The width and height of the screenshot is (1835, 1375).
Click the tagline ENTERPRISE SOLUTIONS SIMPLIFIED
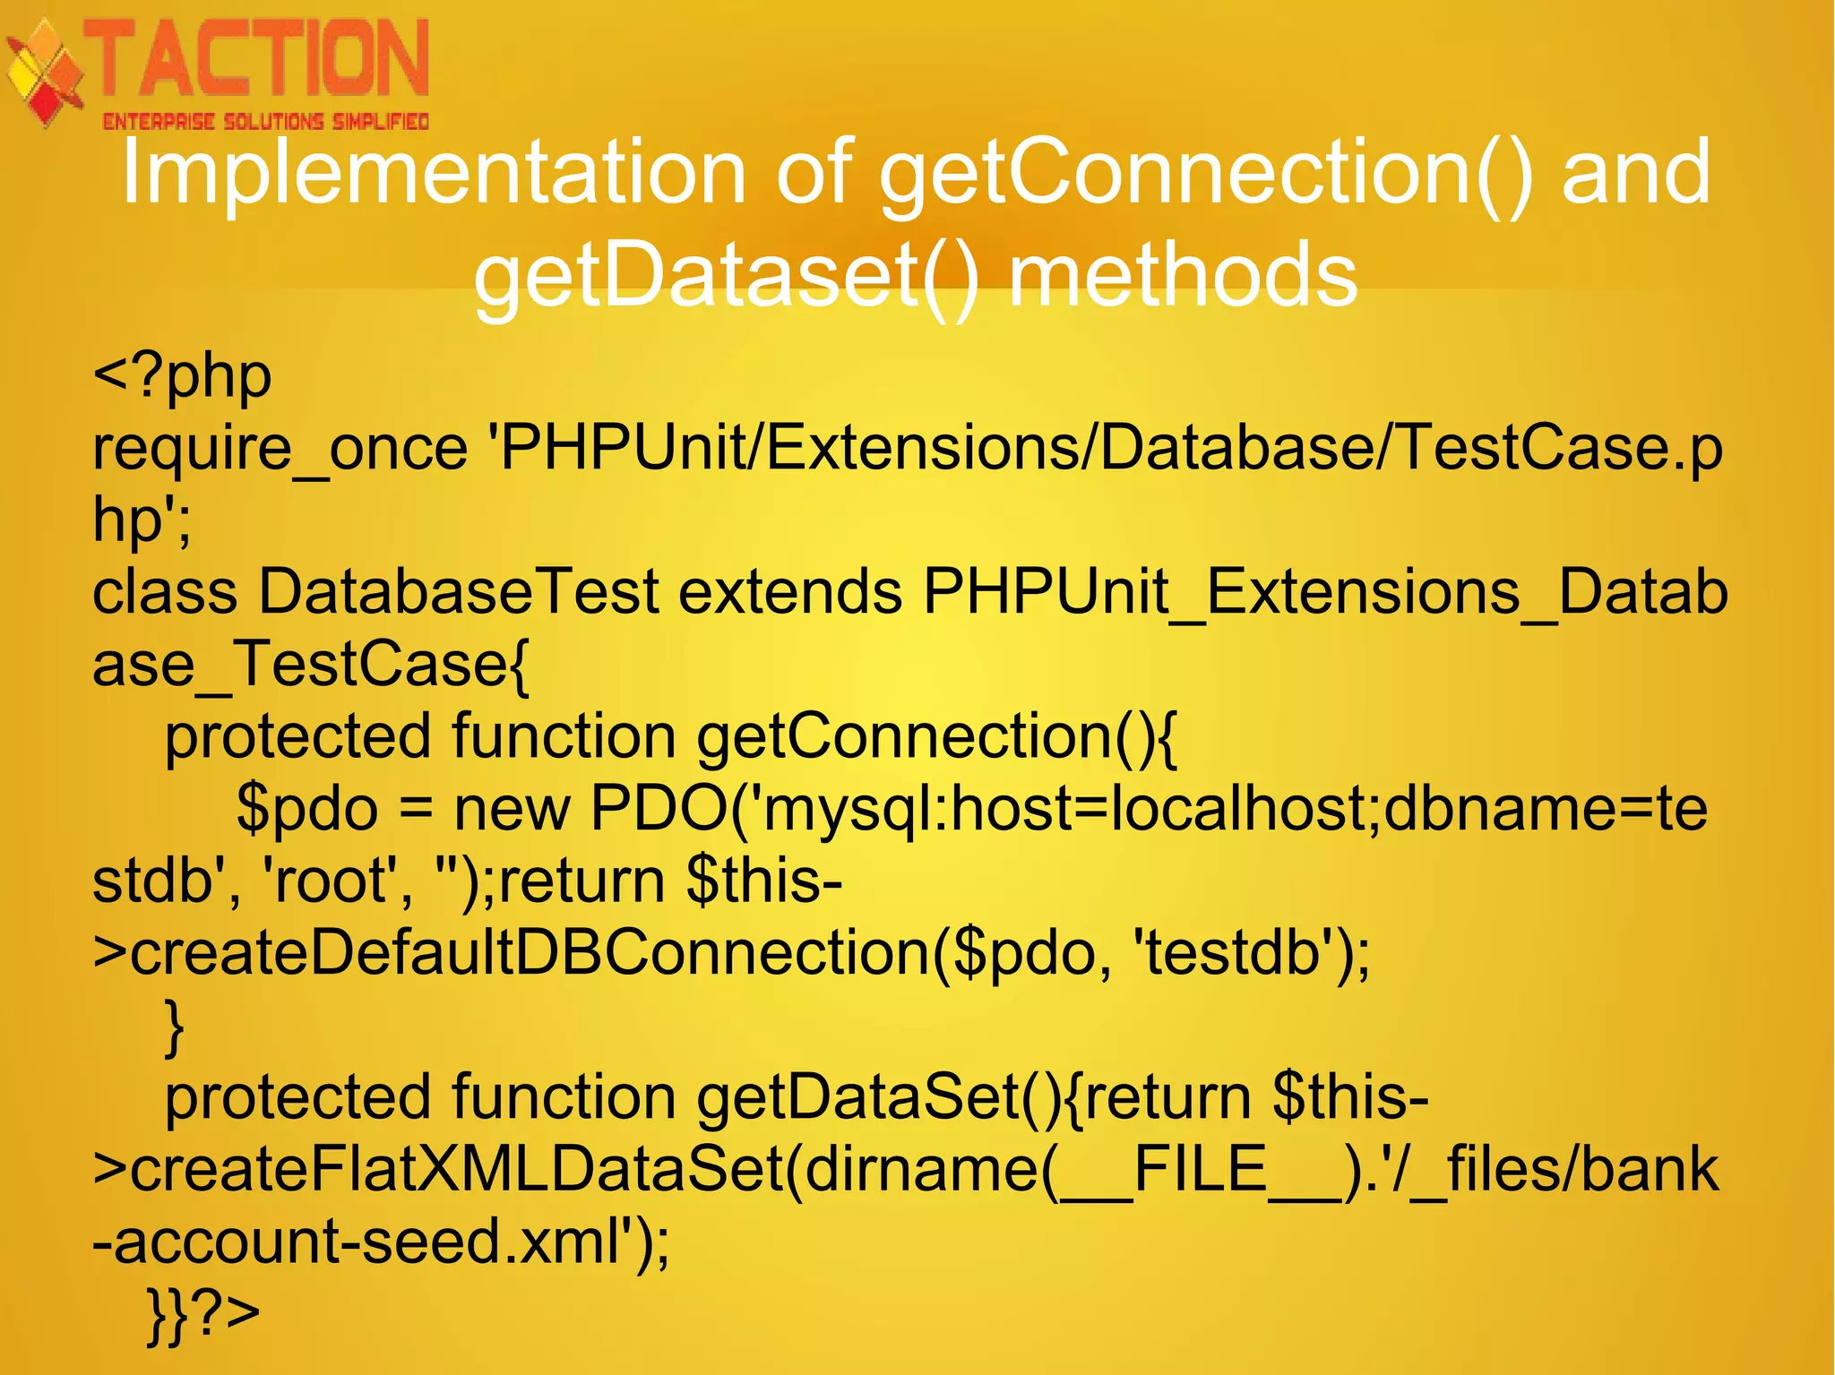265,122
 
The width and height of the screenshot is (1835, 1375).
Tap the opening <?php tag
182,376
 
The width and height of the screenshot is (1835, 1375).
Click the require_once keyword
280,448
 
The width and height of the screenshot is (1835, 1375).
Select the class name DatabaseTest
459,592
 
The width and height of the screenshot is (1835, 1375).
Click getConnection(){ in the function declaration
937,737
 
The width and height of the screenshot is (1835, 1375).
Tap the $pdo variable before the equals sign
307,809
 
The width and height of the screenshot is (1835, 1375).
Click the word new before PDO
512,809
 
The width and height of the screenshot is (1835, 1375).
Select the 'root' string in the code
329,881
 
